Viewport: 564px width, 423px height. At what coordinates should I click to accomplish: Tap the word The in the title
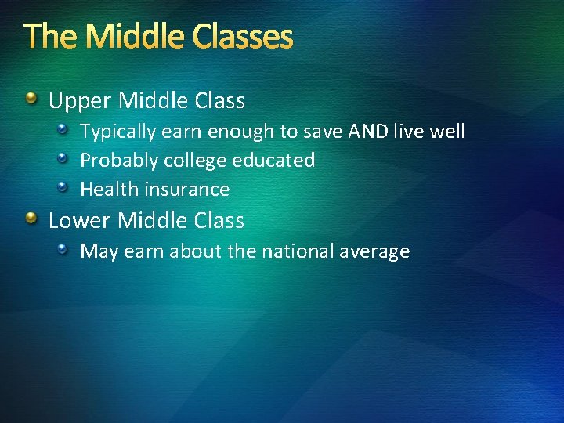click(x=48, y=37)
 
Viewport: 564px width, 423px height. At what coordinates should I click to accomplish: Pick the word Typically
click(x=117, y=132)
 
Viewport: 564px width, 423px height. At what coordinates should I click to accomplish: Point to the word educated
click(x=273, y=161)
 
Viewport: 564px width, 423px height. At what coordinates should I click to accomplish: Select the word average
click(x=376, y=252)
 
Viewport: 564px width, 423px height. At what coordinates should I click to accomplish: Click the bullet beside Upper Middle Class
click(x=32, y=99)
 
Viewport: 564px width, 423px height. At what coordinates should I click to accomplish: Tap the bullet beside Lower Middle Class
click(x=32, y=219)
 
